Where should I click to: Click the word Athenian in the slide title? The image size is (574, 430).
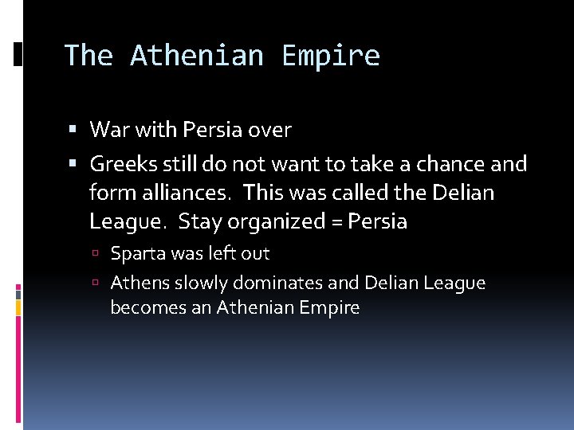196,56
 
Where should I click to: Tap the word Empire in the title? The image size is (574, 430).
331,56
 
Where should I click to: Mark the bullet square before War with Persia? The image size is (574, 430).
73,129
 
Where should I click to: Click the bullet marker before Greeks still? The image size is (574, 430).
73,164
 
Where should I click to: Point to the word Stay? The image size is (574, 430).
205,221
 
